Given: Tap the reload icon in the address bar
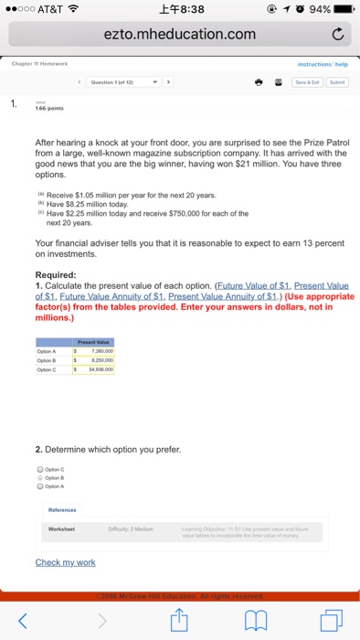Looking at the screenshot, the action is click(x=337, y=35).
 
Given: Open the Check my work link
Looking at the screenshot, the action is click(x=65, y=562).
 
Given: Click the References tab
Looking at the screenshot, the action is click(x=63, y=509).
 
